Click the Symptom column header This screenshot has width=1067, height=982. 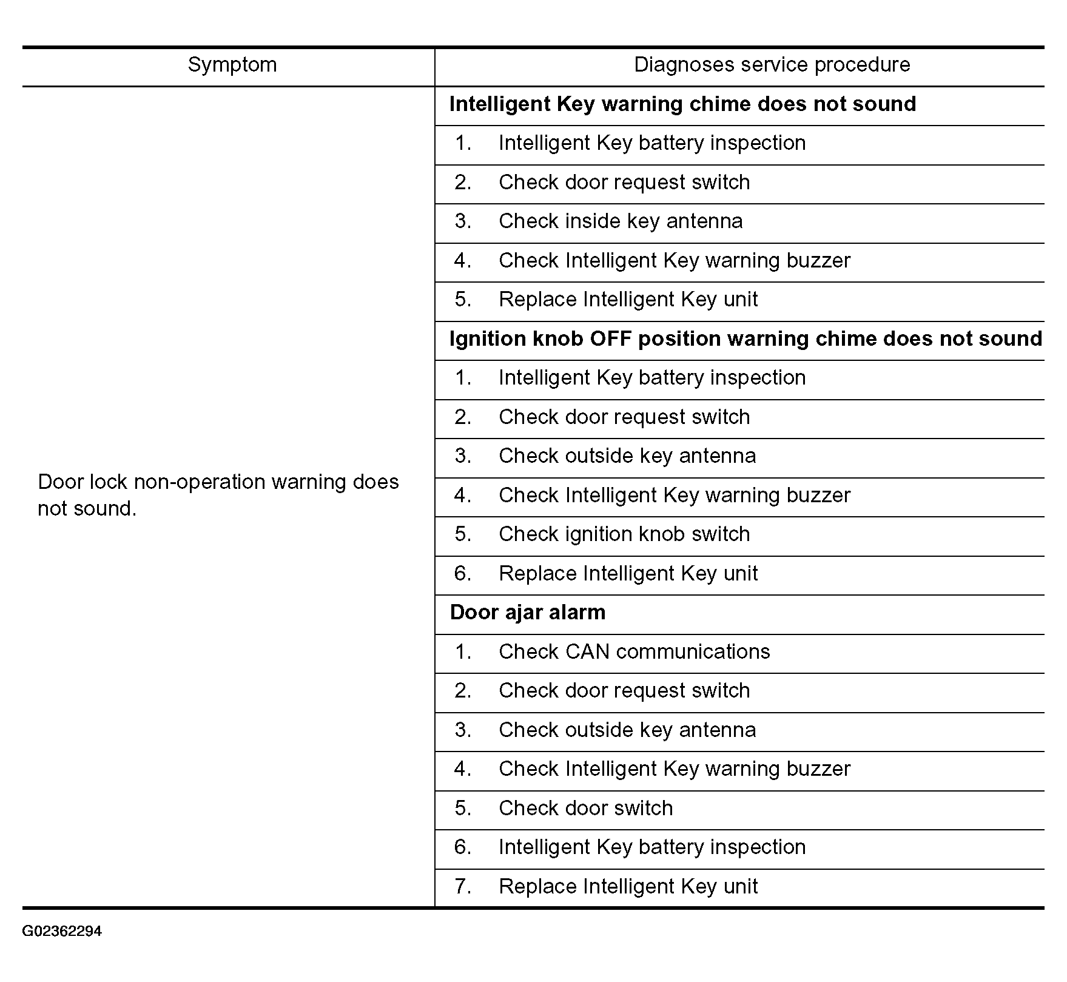pyautogui.click(x=232, y=65)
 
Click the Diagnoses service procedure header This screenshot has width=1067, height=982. pyautogui.click(x=772, y=65)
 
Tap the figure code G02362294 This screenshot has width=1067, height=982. pyautogui.click(x=62, y=931)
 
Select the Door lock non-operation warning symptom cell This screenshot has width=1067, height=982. pyautogui.click(x=218, y=495)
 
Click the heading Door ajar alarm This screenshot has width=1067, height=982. pyautogui.click(x=527, y=613)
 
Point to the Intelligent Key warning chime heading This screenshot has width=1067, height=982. pyautogui.click(x=682, y=104)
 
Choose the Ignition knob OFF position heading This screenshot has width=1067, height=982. pyautogui.click(x=746, y=339)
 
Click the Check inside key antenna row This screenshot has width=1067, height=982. pyautogui.click(x=620, y=221)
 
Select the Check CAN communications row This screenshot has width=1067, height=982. pyautogui.click(x=634, y=652)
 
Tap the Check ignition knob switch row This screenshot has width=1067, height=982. pyautogui.click(x=624, y=534)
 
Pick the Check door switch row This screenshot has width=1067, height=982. pyautogui.click(x=585, y=809)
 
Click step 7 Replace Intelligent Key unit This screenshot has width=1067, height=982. pyautogui.click(x=628, y=887)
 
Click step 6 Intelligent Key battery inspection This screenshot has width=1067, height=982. pyautogui.click(x=651, y=847)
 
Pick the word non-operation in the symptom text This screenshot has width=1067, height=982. pyautogui.click(x=200, y=482)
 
